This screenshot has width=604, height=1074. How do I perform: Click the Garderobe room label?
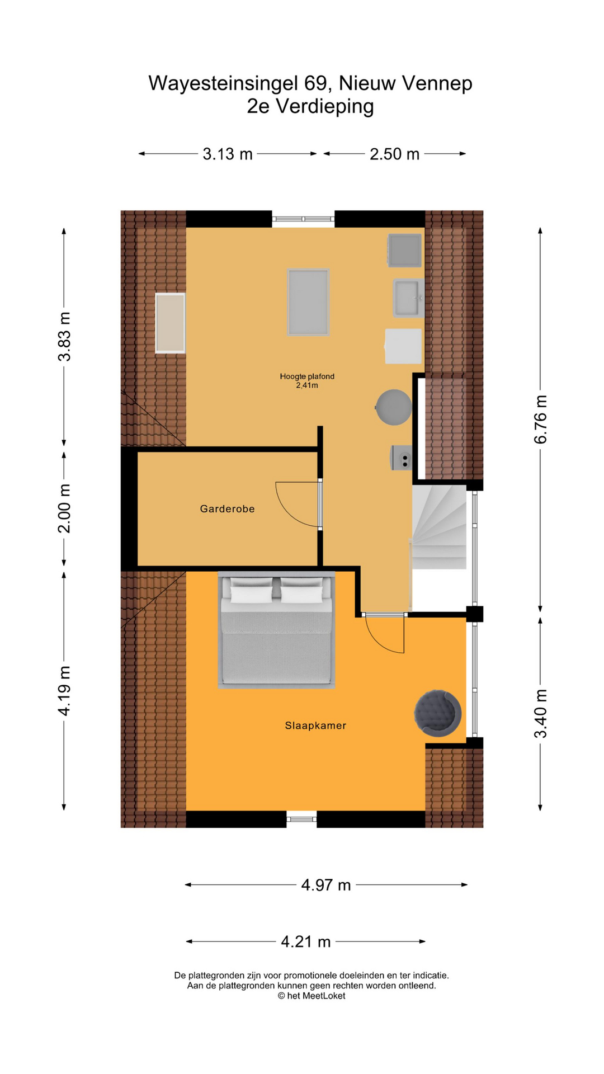click(x=227, y=508)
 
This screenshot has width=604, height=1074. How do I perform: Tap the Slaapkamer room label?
click(x=315, y=726)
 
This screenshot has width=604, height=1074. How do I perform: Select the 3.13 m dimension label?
click(x=228, y=154)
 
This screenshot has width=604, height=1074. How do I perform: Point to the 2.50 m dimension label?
click(x=394, y=154)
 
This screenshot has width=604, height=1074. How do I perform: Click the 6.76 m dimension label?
click(x=540, y=419)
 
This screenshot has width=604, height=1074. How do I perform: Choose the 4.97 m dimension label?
click(x=326, y=885)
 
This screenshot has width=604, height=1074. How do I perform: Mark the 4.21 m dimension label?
click(x=306, y=942)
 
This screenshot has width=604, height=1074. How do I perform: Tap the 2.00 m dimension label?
click(x=64, y=508)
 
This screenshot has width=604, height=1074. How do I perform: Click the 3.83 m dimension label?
click(x=64, y=337)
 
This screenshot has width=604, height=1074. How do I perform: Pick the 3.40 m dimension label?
click(x=540, y=714)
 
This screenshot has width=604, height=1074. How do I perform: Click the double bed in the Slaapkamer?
click(x=276, y=630)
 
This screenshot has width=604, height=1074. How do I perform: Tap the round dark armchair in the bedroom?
click(x=437, y=713)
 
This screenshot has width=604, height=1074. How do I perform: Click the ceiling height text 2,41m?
click(x=307, y=385)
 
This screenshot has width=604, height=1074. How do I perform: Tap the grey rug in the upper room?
click(x=308, y=302)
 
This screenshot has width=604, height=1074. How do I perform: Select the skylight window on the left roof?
click(x=170, y=323)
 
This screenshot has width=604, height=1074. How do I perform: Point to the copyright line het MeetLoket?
click(x=312, y=996)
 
